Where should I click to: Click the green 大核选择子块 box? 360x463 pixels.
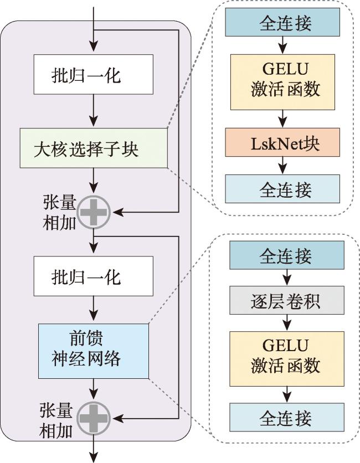[x=94, y=148]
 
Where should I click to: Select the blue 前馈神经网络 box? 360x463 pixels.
[x=94, y=351]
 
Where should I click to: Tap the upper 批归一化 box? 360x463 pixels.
[x=94, y=74]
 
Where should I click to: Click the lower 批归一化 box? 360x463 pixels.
[x=94, y=276]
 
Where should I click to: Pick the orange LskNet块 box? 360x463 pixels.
[x=282, y=142]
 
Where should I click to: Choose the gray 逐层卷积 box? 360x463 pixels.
[x=287, y=300]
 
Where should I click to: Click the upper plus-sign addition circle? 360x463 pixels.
[x=94, y=212]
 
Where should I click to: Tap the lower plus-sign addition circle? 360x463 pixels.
[x=94, y=418]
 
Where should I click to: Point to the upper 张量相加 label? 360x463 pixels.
[x=60, y=212]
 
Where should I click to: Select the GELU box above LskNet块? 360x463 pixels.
[x=282, y=82]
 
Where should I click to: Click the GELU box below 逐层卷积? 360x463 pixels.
[x=287, y=358]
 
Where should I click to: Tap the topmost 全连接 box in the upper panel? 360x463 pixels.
[x=282, y=22]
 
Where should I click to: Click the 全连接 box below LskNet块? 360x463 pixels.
[x=282, y=189]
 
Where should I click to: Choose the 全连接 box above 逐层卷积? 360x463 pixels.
[x=287, y=255]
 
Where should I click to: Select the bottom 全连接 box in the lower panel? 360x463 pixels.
[x=287, y=417]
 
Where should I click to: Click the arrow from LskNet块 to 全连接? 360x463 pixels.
[x=283, y=166]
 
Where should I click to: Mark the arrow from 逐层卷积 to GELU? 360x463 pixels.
[x=287, y=323]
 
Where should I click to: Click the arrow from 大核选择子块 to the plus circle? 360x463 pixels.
[x=94, y=181]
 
